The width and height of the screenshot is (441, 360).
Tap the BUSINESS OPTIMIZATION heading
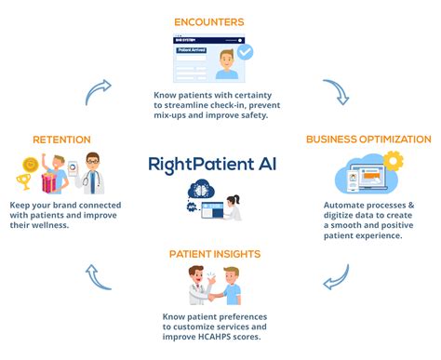tap(369, 140)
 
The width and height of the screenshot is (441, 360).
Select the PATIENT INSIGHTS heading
tap(216, 253)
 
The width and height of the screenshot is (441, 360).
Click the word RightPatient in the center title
tap(201, 165)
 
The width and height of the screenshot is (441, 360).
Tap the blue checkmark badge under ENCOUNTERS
tap(245, 52)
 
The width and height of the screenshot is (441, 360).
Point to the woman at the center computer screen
tap(237, 206)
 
